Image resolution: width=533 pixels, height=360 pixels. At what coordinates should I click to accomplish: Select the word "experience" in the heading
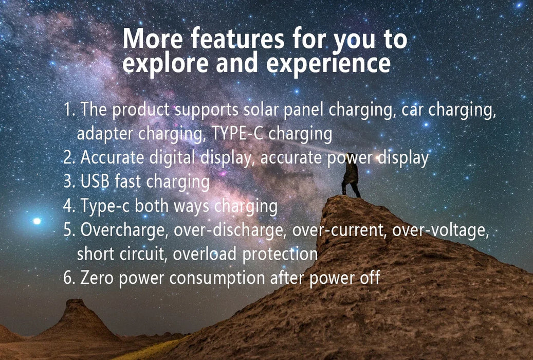click(328, 64)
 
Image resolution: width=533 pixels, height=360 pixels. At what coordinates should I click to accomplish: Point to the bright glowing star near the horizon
click(36, 221)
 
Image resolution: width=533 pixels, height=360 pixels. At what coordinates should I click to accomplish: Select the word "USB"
click(96, 182)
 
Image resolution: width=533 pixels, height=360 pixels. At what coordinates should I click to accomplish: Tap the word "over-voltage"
click(440, 230)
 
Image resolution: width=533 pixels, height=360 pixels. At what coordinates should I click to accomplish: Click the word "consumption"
click(218, 278)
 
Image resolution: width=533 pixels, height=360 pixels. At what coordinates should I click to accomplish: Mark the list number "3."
click(69, 182)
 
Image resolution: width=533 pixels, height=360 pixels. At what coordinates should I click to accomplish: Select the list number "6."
click(69, 278)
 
